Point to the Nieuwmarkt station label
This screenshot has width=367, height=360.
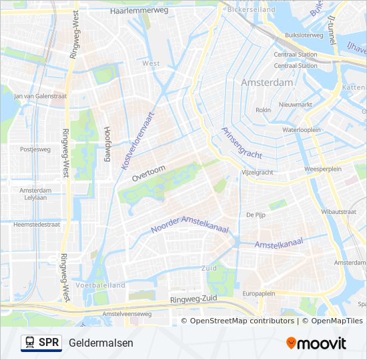296,105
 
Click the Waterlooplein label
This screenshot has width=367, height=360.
302,130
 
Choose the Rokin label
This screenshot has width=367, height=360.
264,110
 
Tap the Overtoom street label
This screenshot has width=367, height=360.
147,174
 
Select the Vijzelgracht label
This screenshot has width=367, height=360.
257,172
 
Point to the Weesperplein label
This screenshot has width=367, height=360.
322,169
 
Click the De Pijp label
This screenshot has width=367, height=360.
256,215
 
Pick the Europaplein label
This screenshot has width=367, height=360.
259,293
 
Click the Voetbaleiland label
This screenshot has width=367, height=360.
100,285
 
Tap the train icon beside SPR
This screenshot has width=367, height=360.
30,343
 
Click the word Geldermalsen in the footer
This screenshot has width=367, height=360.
101,343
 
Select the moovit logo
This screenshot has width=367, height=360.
316,343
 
